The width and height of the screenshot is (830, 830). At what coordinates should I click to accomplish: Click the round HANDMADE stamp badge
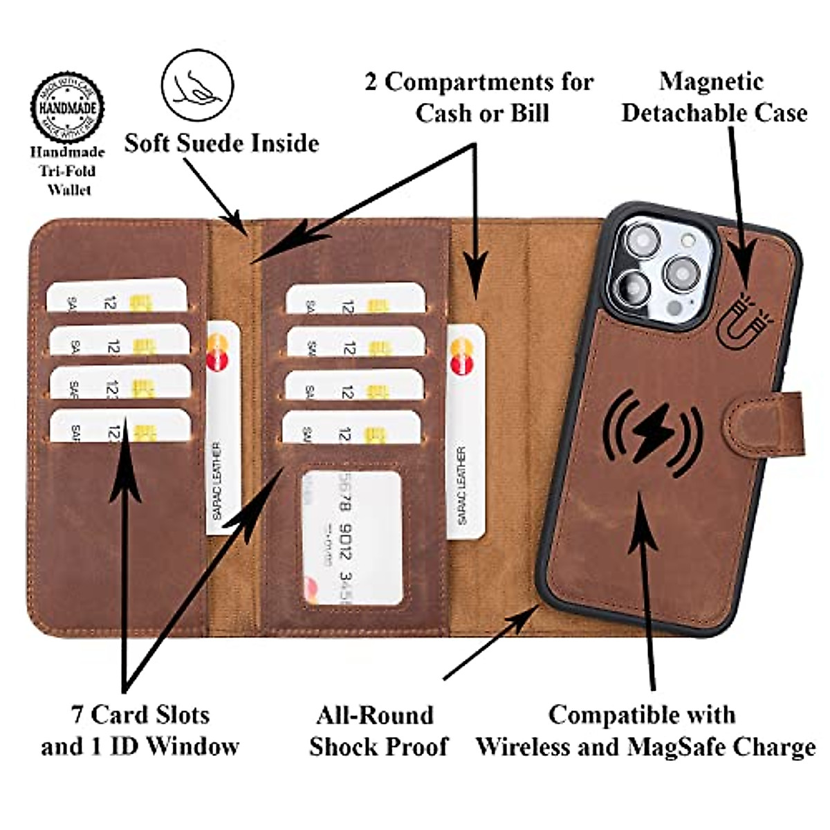tap(67, 108)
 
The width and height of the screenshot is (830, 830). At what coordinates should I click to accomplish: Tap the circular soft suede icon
tap(197, 85)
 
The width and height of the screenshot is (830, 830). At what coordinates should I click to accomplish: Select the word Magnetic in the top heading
tap(711, 82)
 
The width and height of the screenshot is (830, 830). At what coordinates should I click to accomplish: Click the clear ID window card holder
tap(351, 538)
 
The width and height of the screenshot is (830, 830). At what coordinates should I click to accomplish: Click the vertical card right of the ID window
tap(465, 432)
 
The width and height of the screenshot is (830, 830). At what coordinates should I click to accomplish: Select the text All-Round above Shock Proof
tap(375, 715)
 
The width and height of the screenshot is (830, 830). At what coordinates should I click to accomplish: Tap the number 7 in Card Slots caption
tap(77, 714)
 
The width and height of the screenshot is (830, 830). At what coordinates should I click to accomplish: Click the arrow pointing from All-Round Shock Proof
tap(491, 643)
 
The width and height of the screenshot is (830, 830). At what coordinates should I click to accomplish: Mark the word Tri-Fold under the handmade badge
tap(67, 171)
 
